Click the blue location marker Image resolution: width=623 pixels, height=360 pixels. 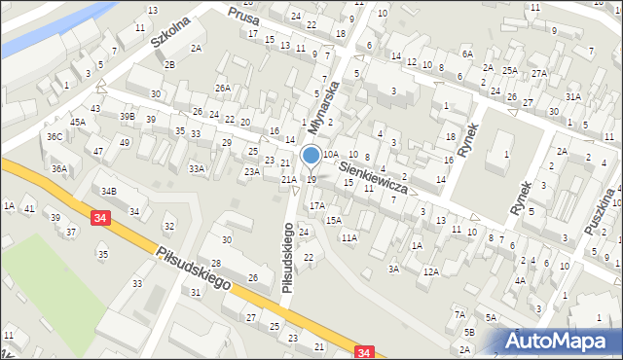tap(311, 155)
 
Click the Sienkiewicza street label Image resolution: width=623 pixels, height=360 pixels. tap(374, 176)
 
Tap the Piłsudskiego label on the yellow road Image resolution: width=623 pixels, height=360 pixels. tap(193, 267)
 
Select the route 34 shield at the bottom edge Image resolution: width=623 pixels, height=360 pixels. tap(365, 352)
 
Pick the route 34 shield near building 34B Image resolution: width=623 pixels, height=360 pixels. tap(101, 221)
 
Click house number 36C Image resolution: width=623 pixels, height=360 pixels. tap(55, 137)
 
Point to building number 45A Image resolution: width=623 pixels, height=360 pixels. tap(77, 123)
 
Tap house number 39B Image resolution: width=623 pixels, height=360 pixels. tap(128, 117)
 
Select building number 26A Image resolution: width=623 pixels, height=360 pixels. tap(223, 89)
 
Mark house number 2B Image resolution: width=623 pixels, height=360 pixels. tap(169, 64)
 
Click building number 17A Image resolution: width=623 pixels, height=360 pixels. tap(316, 206)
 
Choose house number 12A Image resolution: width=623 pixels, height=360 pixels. tap(430, 272)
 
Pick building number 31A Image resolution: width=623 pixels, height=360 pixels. tap(573, 96)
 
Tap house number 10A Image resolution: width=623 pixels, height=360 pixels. tap(331, 155)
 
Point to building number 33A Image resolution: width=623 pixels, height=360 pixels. tap(197, 169)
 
